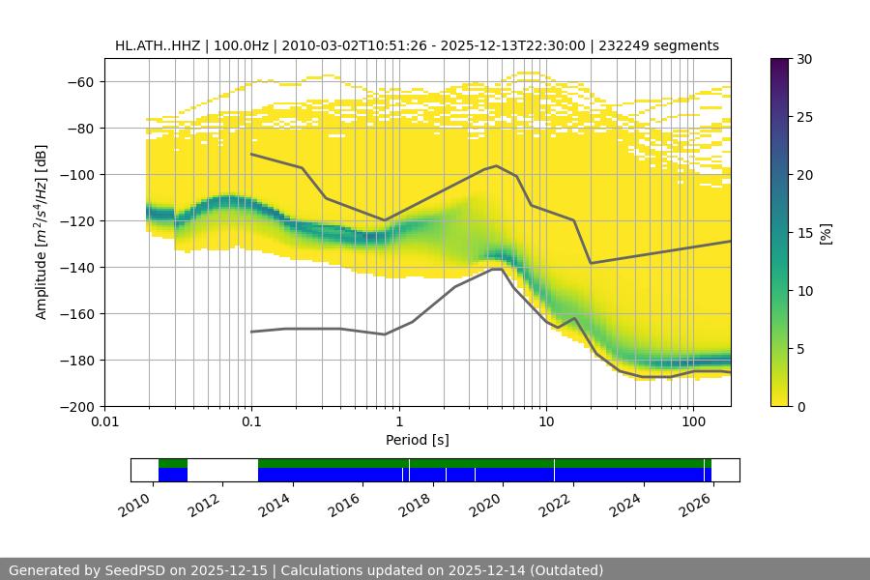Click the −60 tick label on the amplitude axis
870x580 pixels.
[79, 81]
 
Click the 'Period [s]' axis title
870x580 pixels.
[417, 440]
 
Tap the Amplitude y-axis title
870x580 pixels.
[41, 232]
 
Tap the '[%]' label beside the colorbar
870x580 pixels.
[826, 233]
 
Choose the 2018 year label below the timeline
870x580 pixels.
[417, 505]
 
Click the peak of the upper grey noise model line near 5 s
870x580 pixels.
[497, 165]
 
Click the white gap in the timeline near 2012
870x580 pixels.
[222, 470]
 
